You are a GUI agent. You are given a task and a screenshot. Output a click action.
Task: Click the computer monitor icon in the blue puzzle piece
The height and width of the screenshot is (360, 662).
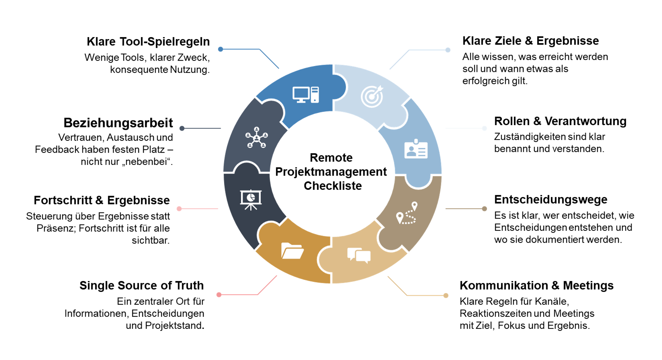(305, 95)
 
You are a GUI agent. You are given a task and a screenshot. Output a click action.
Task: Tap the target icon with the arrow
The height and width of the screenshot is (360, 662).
(372, 96)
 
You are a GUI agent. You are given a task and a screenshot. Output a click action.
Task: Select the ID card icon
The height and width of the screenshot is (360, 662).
(416, 149)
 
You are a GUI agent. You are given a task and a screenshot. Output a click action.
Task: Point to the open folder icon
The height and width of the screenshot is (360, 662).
(292, 251)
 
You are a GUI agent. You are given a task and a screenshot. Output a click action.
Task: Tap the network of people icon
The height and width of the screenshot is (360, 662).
(256, 137)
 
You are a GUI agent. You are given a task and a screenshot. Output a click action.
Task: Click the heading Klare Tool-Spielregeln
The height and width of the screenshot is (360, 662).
(148, 41)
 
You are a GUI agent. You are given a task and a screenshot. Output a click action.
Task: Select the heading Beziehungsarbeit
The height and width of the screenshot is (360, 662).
(118, 123)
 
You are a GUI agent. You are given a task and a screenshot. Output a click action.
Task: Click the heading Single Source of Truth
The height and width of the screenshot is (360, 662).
(142, 285)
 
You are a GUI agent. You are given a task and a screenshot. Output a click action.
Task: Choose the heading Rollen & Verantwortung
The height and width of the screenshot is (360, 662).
(560, 121)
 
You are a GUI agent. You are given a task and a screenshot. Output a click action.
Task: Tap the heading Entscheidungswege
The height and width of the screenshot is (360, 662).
(551, 199)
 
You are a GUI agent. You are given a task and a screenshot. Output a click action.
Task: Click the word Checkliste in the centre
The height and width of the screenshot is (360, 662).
(333, 186)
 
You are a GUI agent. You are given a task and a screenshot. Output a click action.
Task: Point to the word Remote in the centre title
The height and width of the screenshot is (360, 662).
(331, 158)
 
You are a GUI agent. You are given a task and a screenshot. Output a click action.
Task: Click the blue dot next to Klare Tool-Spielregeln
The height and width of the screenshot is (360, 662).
(220, 49)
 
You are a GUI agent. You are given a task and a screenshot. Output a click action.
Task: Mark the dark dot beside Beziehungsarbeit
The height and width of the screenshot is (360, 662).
(182, 128)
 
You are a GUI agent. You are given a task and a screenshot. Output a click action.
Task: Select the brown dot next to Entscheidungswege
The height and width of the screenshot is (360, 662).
(485, 209)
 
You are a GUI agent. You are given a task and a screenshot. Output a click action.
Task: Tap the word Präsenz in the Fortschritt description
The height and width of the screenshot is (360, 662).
(56, 228)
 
